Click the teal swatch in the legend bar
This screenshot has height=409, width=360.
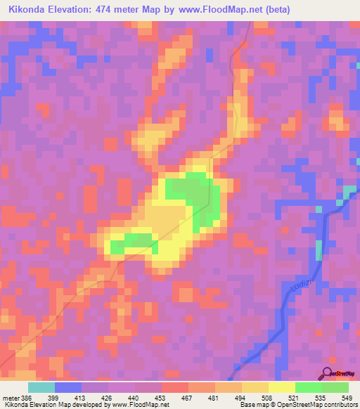[41, 387]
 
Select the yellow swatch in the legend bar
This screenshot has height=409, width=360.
[281, 387]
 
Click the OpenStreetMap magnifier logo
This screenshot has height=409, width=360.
[327, 374]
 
